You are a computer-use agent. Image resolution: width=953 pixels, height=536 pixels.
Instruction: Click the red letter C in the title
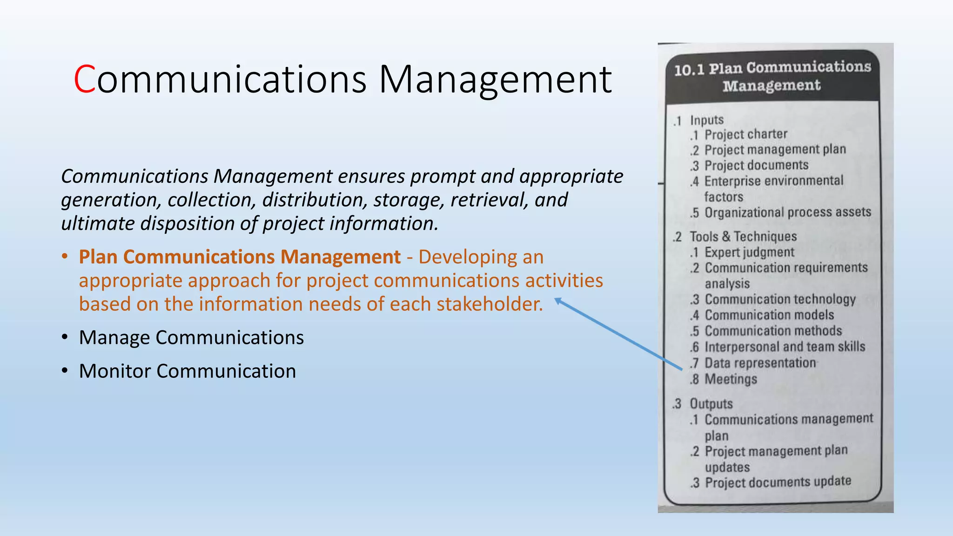pyautogui.click(x=85, y=80)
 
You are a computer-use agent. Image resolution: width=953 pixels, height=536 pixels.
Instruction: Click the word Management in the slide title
pyautogui.click(x=495, y=80)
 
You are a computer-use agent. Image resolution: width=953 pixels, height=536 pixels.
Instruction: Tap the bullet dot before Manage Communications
pyautogui.click(x=65, y=337)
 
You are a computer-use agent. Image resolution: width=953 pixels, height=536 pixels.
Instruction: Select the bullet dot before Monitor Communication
pyautogui.click(x=65, y=371)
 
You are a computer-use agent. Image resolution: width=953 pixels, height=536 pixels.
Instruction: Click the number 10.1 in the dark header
pyautogui.click(x=689, y=70)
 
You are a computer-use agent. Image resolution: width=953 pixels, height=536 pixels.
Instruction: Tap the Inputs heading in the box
pyautogui.click(x=706, y=121)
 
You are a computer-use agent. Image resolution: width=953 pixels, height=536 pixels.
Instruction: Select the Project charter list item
pyautogui.click(x=745, y=135)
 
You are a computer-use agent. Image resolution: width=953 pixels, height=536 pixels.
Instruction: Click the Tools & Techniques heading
pyautogui.click(x=743, y=237)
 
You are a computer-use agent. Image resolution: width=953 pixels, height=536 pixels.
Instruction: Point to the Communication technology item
pyautogui.click(x=780, y=300)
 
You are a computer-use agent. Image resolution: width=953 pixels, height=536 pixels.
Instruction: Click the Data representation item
pyautogui.click(x=760, y=363)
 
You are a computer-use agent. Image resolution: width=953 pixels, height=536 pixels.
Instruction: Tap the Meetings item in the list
pyautogui.click(x=731, y=379)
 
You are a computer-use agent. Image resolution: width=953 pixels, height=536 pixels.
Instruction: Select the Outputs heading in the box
pyautogui.click(x=711, y=404)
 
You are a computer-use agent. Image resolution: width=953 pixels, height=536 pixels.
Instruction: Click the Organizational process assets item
pyautogui.click(x=787, y=213)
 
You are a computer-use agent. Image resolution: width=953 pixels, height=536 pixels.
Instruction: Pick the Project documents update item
pyautogui.click(x=778, y=482)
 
